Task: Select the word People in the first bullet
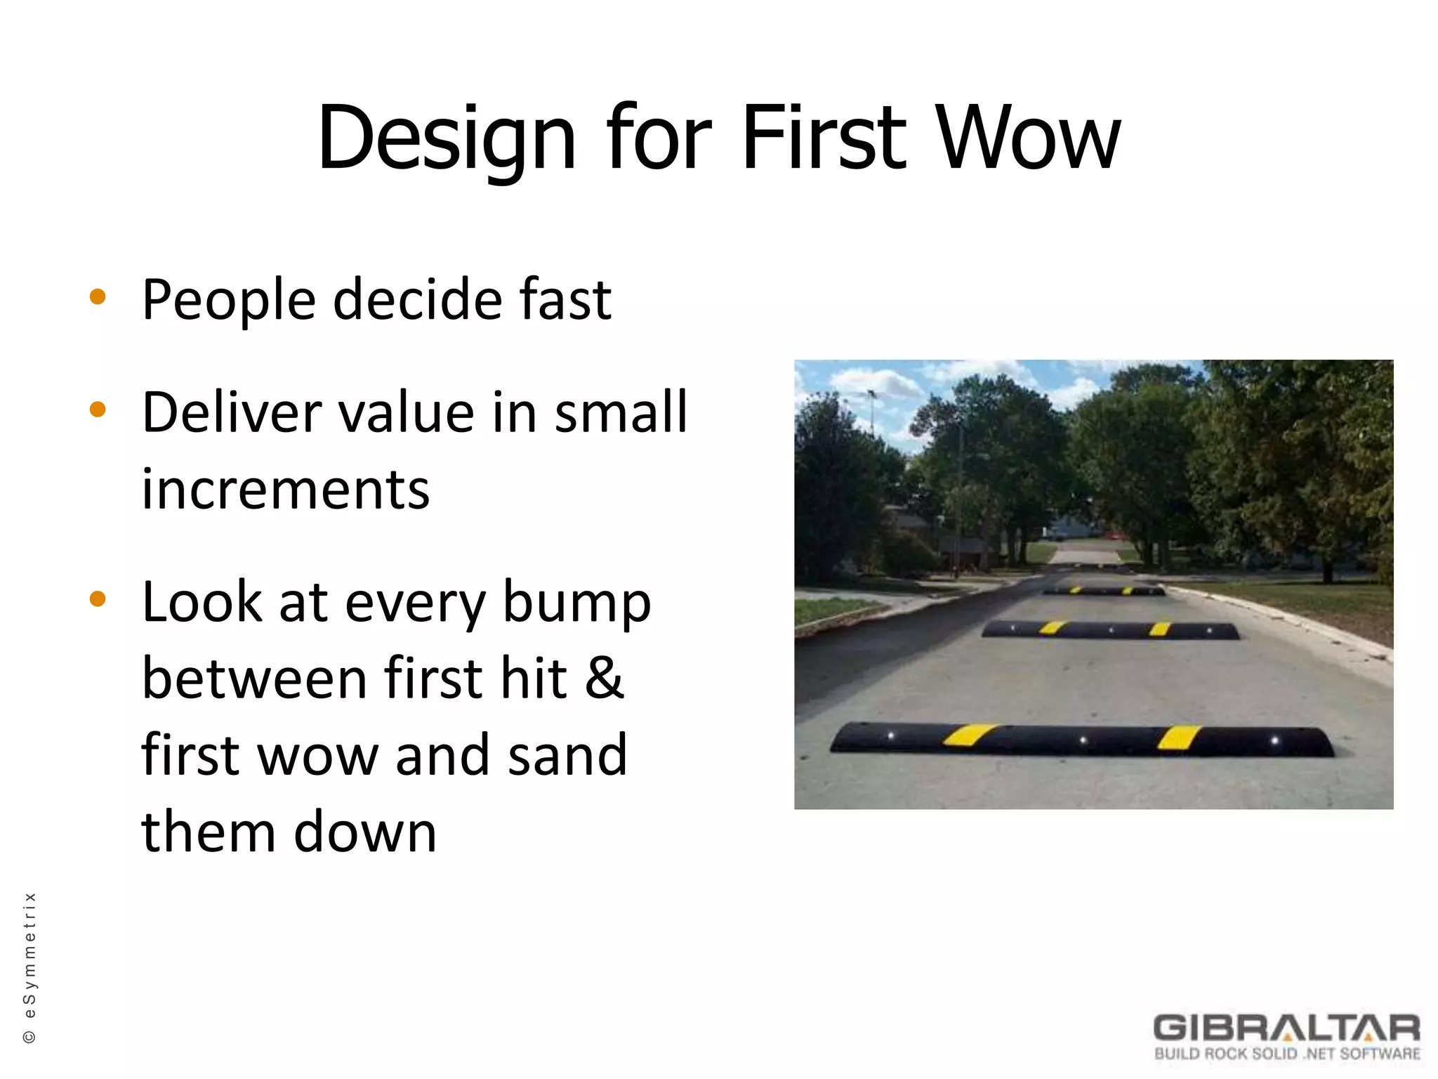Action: (229, 301)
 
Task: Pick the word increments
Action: (286, 489)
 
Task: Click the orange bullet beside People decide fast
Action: (98, 296)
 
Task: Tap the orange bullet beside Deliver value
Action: (98, 409)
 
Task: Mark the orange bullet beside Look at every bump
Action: (98, 599)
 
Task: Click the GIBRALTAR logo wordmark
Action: (1286, 1028)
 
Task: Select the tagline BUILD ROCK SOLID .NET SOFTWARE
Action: (1287, 1054)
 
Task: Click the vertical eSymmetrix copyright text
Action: (29, 968)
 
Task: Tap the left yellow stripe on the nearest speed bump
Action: (970, 735)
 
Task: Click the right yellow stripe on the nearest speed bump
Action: (1179, 738)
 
